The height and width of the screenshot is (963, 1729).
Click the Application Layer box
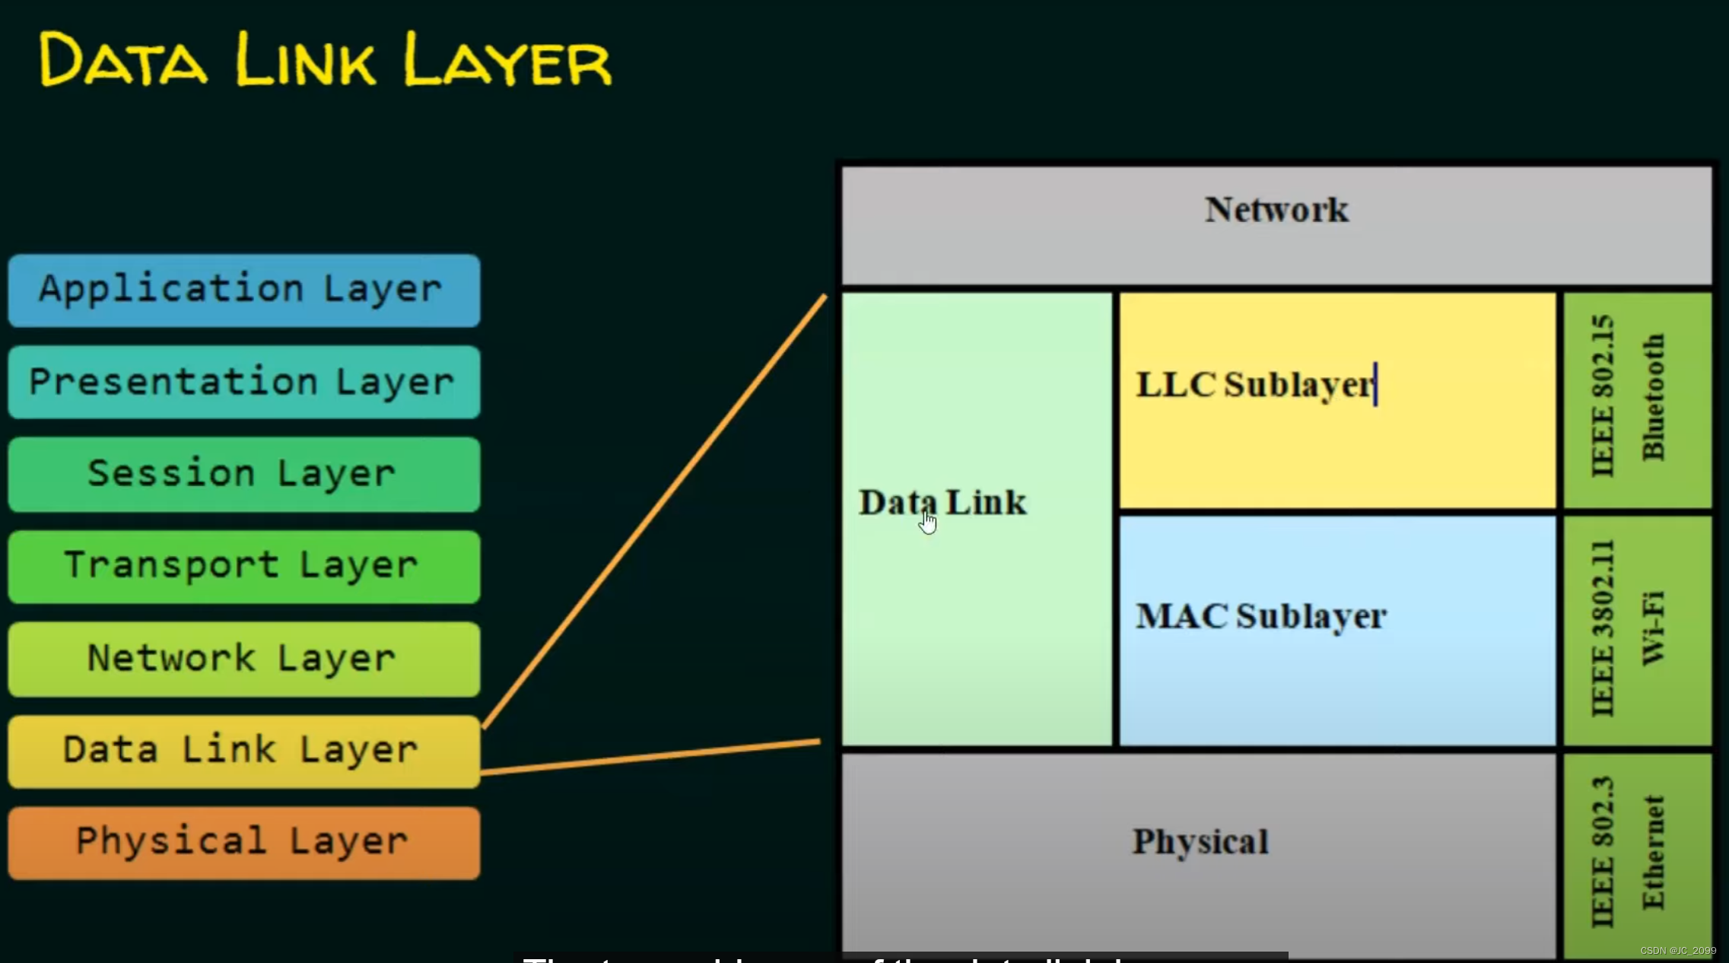click(x=243, y=291)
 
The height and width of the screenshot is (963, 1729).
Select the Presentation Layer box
click(x=243, y=382)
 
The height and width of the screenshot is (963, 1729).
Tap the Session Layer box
click(x=243, y=474)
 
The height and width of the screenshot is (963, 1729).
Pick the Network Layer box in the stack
click(x=243, y=659)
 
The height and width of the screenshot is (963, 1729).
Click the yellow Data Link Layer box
click(x=243, y=751)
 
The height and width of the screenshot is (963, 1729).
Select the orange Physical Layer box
click(x=243, y=843)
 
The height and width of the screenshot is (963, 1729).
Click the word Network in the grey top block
click(x=1276, y=210)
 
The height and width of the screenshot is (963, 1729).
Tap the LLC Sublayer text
click(x=1255, y=384)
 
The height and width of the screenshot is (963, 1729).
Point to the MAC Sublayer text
click(x=1260, y=616)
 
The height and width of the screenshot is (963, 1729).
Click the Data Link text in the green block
click(x=942, y=502)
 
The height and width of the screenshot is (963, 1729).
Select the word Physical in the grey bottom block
click(x=1200, y=841)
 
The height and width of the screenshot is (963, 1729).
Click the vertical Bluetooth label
click(x=1653, y=397)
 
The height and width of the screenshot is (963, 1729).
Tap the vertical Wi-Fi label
click(x=1653, y=628)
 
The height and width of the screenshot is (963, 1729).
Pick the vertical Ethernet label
click(x=1653, y=852)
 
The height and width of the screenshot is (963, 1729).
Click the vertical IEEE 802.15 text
click(x=1602, y=396)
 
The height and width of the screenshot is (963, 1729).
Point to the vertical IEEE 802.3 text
click(x=1602, y=852)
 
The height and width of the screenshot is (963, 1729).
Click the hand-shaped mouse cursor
click(x=928, y=523)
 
